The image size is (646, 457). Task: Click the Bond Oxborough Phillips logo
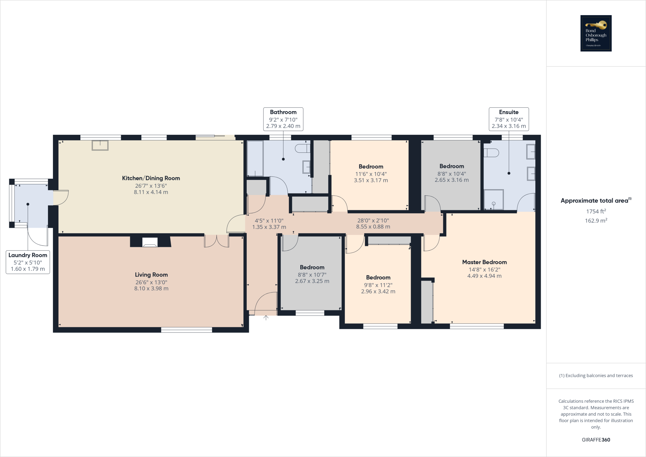[596, 33]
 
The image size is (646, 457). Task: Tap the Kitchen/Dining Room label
[151, 178]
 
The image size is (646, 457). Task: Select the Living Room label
[151, 275]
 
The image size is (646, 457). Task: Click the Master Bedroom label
[484, 262]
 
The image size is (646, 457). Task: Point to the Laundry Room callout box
[28, 262]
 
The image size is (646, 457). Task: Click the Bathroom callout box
[283, 119]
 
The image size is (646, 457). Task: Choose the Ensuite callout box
[508, 119]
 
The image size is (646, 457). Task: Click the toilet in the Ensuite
[491, 153]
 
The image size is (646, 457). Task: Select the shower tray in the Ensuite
[494, 199]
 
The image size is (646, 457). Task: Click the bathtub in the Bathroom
[255, 158]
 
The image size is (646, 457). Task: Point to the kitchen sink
[100, 145]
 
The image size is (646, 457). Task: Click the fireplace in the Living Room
[150, 242]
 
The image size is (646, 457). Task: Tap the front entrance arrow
[266, 318]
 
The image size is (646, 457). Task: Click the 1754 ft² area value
[596, 211]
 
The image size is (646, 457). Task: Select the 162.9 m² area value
[596, 221]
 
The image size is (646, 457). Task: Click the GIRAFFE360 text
[596, 440]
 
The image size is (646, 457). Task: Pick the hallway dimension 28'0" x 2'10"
[373, 221]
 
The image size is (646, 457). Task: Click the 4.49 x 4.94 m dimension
[484, 276]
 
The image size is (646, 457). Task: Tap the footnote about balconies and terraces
[596, 376]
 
